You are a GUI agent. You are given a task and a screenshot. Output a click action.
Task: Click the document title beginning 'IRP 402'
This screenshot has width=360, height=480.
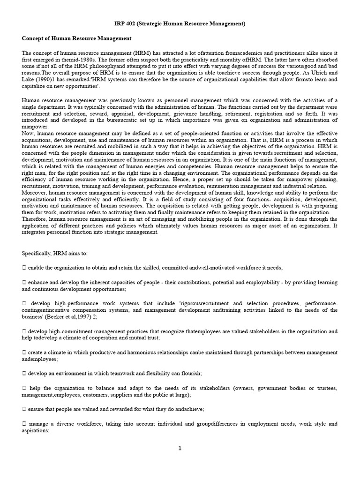point(180,23)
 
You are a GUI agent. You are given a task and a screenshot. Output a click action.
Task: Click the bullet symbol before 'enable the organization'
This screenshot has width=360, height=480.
point(24,267)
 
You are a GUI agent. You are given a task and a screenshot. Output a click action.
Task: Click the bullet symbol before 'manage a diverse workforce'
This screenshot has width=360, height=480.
point(24,424)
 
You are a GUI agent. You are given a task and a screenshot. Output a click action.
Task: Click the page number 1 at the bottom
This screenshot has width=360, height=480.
point(180,448)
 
